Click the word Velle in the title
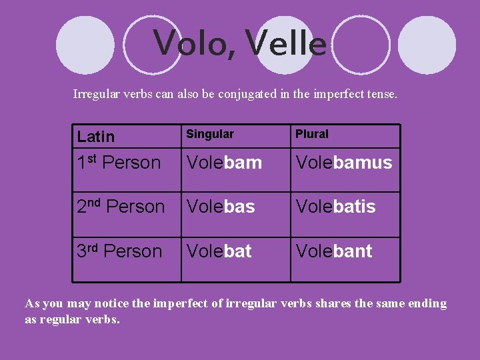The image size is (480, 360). (286, 43)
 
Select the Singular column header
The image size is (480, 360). (210, 134)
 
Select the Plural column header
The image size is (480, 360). (312, 134)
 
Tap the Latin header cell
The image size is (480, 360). (96, 137)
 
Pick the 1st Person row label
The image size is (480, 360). (119, 162)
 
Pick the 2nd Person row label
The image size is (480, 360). (121, 207)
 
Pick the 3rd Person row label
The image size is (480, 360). (119, 251)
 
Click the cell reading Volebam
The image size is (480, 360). (224, 162)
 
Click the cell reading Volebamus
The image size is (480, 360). (344, 162)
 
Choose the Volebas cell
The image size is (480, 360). (221, 207)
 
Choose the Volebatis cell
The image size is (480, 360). (336, 207)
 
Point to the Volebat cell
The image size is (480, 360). (219, 251)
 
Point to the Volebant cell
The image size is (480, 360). (334, 251)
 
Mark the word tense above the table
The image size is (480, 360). (382, 95)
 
